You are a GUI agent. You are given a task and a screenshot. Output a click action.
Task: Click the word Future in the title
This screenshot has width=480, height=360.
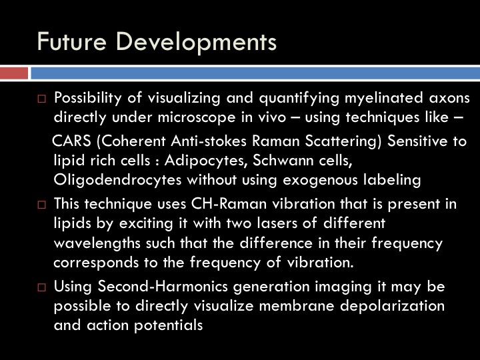point(72,41)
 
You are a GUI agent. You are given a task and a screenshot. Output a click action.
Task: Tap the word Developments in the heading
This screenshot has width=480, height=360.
point(196,43)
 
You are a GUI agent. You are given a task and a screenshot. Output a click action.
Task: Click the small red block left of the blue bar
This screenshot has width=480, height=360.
point(14,73)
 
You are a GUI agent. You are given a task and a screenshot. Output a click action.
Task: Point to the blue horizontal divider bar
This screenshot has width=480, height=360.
point(255,73)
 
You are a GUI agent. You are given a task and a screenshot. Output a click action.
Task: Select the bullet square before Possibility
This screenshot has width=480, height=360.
point(41,99)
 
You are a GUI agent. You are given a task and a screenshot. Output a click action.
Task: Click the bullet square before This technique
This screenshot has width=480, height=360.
point(41,205)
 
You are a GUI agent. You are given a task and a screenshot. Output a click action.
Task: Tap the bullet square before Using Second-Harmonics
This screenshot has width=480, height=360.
point(41,287)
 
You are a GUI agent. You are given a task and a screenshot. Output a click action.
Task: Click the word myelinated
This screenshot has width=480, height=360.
point(384,98)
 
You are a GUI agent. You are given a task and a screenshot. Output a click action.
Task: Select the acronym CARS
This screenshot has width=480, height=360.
point(71,141)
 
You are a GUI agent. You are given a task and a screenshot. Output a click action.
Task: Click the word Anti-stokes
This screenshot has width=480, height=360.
point(209,141)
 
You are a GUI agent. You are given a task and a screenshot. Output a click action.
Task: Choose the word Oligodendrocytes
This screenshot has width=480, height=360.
point(117,180)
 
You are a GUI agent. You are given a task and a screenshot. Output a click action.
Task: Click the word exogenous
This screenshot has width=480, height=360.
point(320,180)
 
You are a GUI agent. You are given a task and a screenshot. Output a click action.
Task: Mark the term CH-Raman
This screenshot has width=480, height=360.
point(229,204)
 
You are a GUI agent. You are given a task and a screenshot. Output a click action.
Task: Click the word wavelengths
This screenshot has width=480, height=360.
point(97,243)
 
